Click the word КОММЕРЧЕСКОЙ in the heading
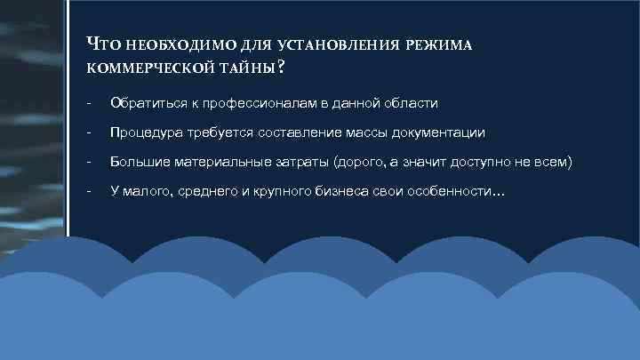[x=152, y=68]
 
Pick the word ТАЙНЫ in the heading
[x=250, y=68]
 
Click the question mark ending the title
[x=281, y=67]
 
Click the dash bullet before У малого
[x=89, y=192]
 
